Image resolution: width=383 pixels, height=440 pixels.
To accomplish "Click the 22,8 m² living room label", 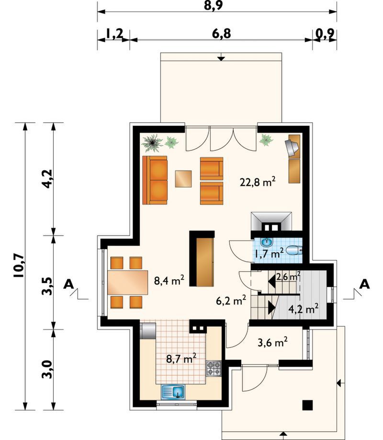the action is [x=258, y=182].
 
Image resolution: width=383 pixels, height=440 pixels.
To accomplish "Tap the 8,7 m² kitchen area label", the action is [x=181, y=358].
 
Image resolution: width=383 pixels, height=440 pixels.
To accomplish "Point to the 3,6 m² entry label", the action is [x=272, y=342].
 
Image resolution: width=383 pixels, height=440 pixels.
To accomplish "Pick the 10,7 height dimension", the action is [x=19, y=266].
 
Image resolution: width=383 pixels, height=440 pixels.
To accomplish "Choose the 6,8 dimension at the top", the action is [x=222, y=33].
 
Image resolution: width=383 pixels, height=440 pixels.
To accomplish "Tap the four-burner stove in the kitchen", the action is [x=214, y=368].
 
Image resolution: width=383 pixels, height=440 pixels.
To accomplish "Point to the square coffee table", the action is [x=183, y=179].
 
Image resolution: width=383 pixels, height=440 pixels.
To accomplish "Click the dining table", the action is [x=128, y=282].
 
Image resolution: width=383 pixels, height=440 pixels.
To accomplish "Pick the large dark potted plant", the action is [x=152, y=143].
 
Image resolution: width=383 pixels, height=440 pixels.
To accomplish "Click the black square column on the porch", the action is [x=307, y=405].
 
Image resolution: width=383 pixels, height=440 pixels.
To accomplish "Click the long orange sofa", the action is [x=155, y=180].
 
